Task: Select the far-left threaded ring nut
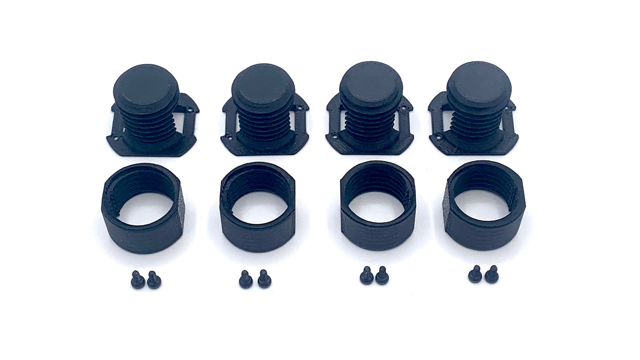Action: (143, 208)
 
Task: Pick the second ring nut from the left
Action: (257, 207)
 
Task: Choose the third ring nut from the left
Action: (378, 206)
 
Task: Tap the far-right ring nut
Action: (484, 206)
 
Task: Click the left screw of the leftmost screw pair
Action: (137, 280)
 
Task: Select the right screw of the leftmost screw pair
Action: (154, 281)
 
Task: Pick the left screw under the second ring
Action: (245, 280)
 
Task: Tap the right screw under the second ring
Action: (264, 279)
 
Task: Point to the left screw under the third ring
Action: (366, 276)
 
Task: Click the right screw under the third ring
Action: (382, 276)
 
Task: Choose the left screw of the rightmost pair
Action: (475, 275)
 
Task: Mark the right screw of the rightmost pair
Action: (491, 275)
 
